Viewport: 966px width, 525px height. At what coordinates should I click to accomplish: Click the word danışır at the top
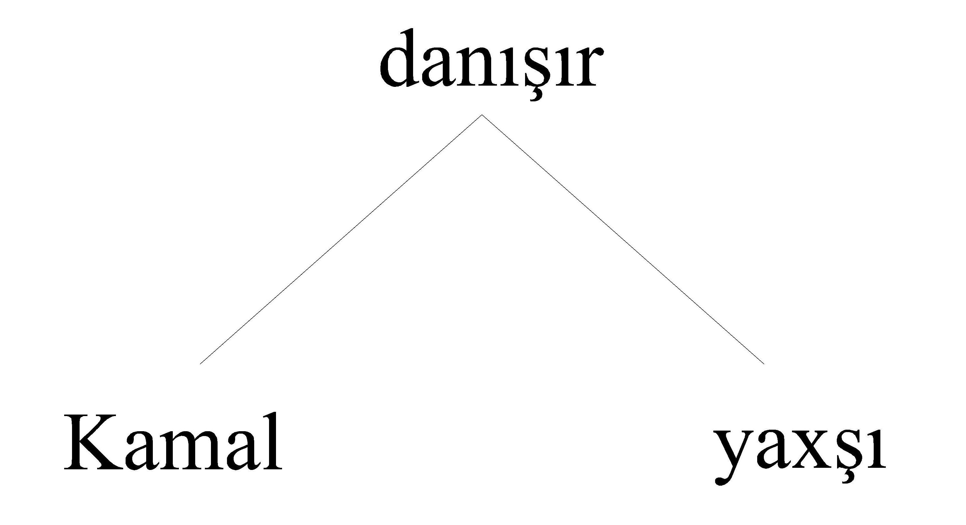click(x=491, y=62)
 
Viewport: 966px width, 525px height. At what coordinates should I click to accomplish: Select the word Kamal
click(x=173, y=441)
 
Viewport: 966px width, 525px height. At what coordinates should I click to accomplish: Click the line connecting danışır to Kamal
click(x=341, y=239)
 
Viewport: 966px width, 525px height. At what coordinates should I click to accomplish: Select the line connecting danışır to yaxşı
click(x=623, y=239)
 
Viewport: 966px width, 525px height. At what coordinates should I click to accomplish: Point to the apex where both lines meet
click(x=482, y=115)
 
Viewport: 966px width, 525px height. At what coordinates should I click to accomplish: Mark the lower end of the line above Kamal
click(x=200, y=364)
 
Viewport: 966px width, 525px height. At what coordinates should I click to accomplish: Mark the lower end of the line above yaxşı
click(x=764, y=364)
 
